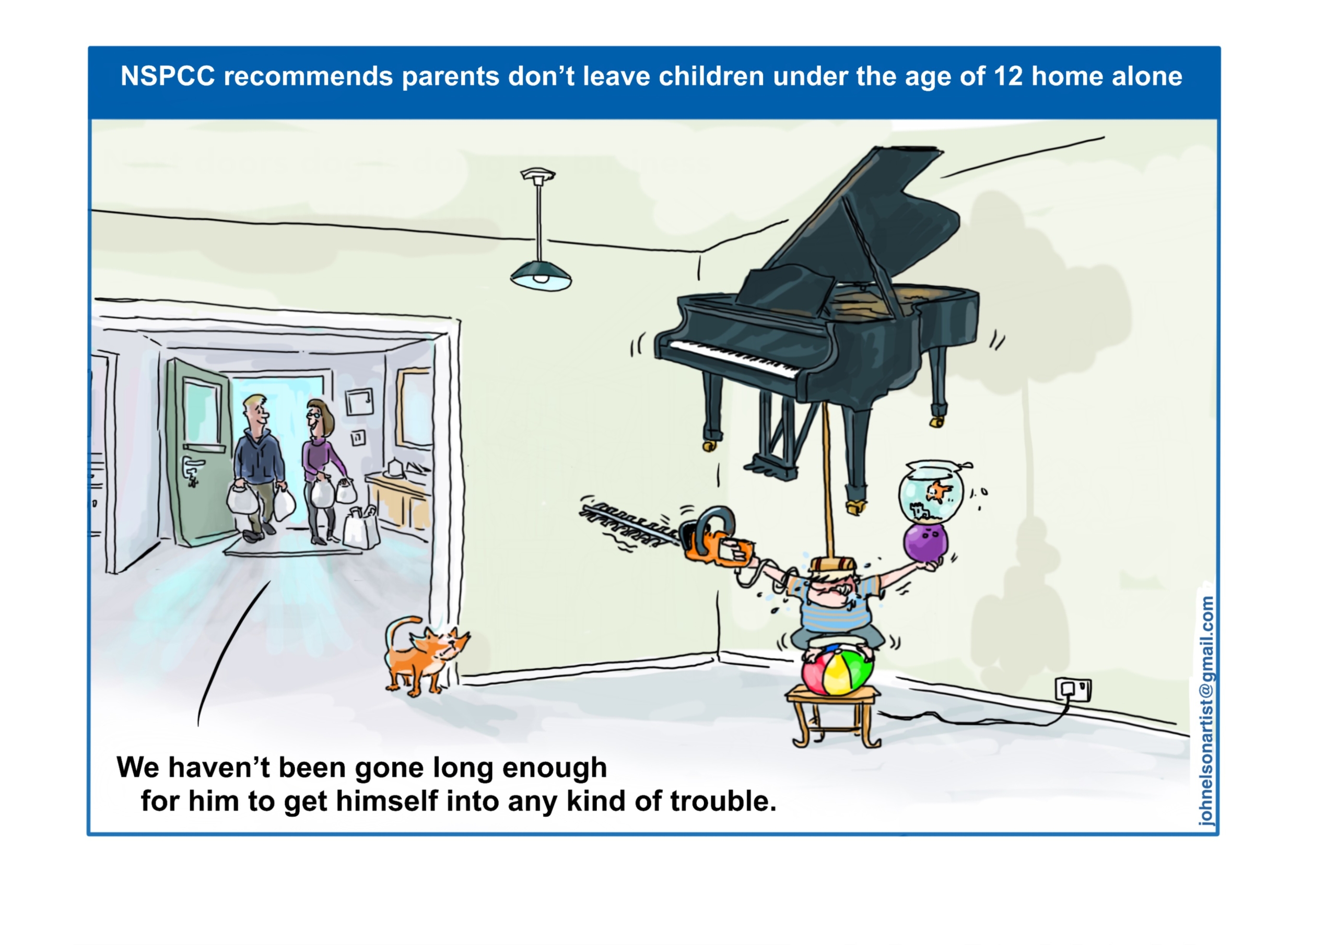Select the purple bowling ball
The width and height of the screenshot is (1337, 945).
pos(925,542)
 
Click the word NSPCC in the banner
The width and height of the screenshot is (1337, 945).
pos(168,76)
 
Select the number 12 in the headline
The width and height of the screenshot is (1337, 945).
pos(1007,76)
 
